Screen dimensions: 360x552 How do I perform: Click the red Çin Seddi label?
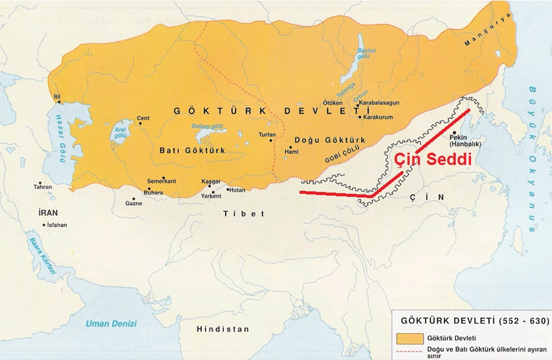(x=432, y=161)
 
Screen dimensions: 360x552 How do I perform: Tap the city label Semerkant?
(x=161, y=181)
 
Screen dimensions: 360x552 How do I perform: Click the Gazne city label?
(x=134, y=203)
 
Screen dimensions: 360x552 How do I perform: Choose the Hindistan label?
(x=223, y=329)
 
